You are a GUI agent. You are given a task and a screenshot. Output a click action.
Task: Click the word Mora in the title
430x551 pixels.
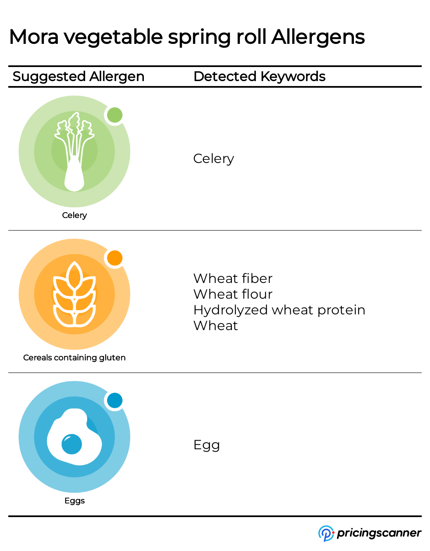(34, 37)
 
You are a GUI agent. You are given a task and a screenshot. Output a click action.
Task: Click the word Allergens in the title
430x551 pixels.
(318, 37)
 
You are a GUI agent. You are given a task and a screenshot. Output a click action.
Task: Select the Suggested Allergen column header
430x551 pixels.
(79, 77)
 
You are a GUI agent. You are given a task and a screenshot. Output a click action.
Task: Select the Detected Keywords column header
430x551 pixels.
(259, 77)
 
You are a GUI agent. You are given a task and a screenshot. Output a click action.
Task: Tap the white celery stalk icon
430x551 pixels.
(74, 153)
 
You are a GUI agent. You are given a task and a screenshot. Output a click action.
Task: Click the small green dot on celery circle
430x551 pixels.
(115, 115)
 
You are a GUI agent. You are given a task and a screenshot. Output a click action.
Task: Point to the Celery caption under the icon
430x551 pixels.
(74, 215)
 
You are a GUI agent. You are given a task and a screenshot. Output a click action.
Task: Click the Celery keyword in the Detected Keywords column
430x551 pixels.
(213, 158)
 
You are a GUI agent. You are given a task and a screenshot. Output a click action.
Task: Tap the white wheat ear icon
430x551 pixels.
(74, 295)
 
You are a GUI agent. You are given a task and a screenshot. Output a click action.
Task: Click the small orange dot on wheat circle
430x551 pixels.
(115, 258)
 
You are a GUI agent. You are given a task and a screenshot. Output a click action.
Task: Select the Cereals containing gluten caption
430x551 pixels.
(74, 357)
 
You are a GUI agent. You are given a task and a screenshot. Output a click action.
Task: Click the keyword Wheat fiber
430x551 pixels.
(233, 278)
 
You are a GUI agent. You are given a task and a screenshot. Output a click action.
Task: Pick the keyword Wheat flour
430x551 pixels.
(233, 294)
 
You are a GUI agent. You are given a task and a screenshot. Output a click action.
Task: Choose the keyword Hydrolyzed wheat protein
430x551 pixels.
(279, 310)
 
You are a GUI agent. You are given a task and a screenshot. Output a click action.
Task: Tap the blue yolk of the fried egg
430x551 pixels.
(72, 444)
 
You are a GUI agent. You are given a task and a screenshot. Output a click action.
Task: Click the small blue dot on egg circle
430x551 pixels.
(115, 400)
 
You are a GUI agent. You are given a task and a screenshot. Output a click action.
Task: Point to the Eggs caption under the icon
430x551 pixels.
(74, 501)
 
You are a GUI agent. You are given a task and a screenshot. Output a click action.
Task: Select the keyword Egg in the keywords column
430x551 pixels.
(206, 445)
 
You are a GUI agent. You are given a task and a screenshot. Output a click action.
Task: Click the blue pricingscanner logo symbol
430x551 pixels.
(326, 533)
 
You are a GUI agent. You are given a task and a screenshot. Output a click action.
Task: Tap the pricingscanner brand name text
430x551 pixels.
(379, 533)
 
